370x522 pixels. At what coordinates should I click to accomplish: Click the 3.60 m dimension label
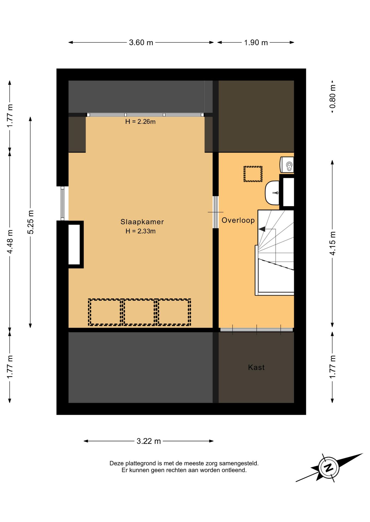[x=141, y=43]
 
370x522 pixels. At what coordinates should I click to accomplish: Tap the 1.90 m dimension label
[x=256, y=43]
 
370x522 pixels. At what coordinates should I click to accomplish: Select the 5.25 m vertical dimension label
[x=31, y=222]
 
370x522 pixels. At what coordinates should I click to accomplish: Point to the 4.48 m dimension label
[x=10, y=242]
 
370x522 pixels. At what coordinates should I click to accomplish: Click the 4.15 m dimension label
[x=333, y=243]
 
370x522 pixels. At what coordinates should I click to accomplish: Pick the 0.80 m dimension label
[x=333, y=97]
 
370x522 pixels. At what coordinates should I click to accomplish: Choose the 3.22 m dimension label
[x=149, y=441]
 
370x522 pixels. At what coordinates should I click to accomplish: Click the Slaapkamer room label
[x=142, y=222]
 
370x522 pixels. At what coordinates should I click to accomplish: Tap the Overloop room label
[x=238, y=220]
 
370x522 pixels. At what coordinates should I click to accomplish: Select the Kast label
[x=256, y=368]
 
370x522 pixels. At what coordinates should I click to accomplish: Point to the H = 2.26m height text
[x=140, y=122]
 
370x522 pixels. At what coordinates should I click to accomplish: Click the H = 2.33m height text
[x=141, y=231]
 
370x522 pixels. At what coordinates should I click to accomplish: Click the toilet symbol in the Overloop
[x=287, y=164]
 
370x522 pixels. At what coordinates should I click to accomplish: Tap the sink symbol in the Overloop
[x=272, y=193]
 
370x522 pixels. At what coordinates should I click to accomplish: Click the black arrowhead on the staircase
[x=262, y=229]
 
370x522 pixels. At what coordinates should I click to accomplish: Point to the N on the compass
[x=329, y=468]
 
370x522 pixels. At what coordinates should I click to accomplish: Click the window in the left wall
[x=62, y=203]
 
